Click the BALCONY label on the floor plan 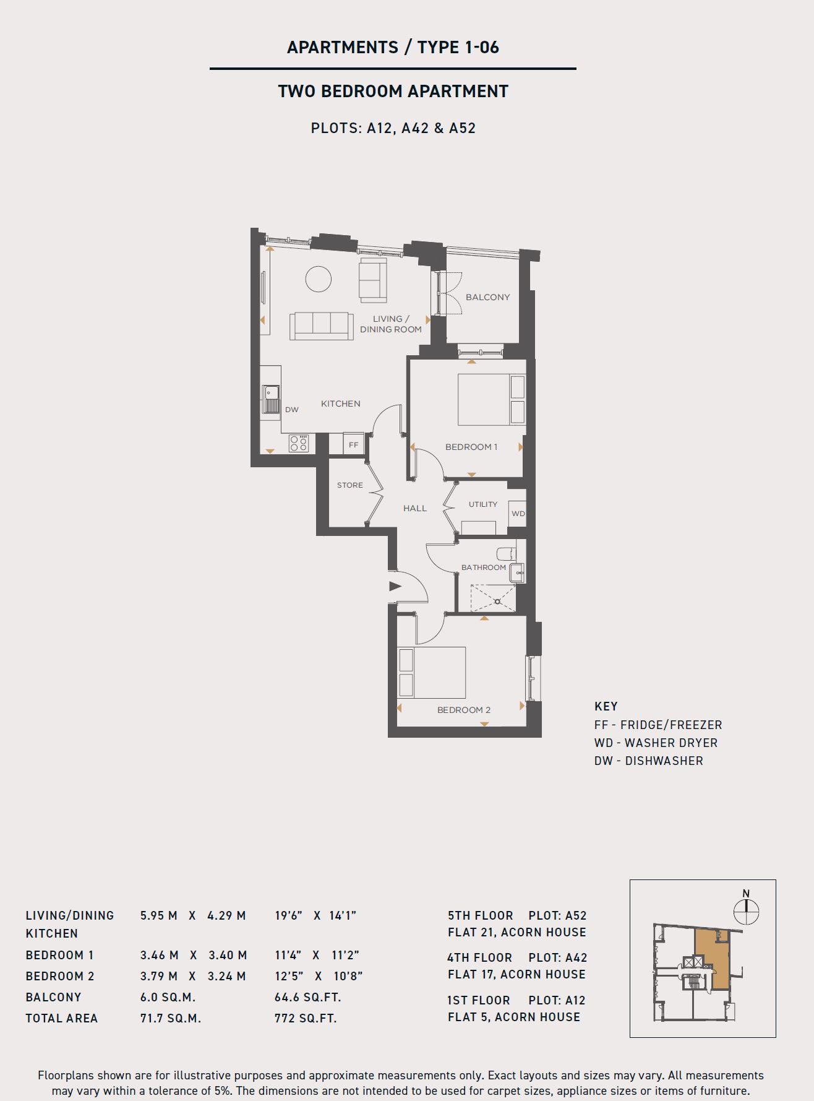pyautogui.click(x=487, y=297)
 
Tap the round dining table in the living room pyautogui.click(x=319, y=278)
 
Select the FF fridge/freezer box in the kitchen pyautogui.click(x=353, y=444)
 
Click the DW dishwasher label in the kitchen pyautogui.click(x=291, y=410)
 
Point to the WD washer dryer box pyautogui.click(x=518, y=514)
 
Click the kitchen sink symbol pyautogui.click(x=271, y=399)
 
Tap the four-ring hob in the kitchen pyautogui.click(x=299, y=444)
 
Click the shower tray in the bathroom pyautogui.click(x=493, y=598)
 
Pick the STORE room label pyautogui.click(x=350, y=485)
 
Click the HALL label pyautogui.click(x=415, y=508)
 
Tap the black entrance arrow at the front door pyautogui.click(x=395, y=586)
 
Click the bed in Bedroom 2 pyautogui.click(x=432, y=673)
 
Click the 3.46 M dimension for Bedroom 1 pyautogui.click(x=159, y=955)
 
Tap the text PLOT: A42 pyautogui.click(x=558, y=957)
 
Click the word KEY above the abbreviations pyautogui.click(x=606, y=706)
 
